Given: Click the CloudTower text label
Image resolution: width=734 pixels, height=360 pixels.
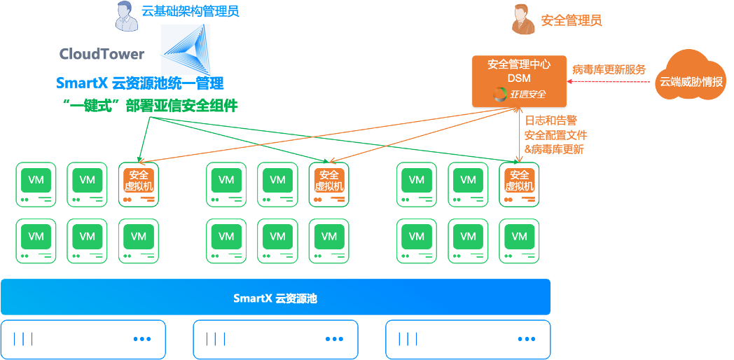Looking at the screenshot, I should [x=102, y=54].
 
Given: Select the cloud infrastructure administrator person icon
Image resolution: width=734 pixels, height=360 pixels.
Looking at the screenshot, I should [x=125, y=16].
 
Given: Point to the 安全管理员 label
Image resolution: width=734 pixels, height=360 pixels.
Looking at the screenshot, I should [x=571, y=20].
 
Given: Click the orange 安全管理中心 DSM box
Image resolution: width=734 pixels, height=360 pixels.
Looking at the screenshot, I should [x=519, y=82].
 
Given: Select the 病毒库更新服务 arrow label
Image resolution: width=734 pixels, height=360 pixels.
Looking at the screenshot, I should [x=609, y=69].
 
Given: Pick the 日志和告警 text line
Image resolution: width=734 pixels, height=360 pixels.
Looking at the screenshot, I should [x=550, y=121].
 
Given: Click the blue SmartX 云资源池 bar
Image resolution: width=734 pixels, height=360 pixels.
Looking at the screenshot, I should [x=275, y=298].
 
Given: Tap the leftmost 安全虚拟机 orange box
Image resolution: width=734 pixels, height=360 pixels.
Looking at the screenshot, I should [x=139, y=181].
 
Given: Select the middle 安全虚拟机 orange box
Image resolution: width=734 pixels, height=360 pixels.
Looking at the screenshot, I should [x=328, y=181].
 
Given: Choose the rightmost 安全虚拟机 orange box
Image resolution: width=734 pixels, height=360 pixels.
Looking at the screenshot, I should [x=519, y=181].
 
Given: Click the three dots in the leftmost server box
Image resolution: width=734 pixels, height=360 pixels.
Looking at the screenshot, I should [x=142, y=340].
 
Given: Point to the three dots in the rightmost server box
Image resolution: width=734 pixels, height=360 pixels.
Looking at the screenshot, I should [x=526, y=340].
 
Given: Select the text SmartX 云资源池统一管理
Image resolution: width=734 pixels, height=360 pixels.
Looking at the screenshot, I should [x=140, y=83].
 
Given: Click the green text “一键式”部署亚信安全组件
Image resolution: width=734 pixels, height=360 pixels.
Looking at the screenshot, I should [x=150, y=106].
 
